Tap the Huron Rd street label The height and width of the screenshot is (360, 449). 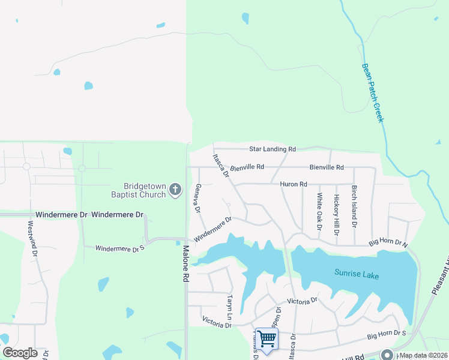(x=294, y=184)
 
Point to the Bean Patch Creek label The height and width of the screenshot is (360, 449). (x=372, y=93)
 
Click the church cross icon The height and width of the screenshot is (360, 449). (x=175, y=190)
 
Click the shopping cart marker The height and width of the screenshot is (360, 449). (x=267, y=338)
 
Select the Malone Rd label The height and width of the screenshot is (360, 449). (x=186, y=265)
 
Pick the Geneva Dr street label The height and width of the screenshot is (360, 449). (x=196, y=198)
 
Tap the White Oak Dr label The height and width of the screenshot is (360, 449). (x=319, y=211)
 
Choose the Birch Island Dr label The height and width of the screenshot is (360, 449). (x=355, y=206)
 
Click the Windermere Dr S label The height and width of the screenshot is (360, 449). (x=120, y=247)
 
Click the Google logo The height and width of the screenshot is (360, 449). (x=20, y=353)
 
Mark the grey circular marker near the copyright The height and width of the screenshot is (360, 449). (x=386, y=355)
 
